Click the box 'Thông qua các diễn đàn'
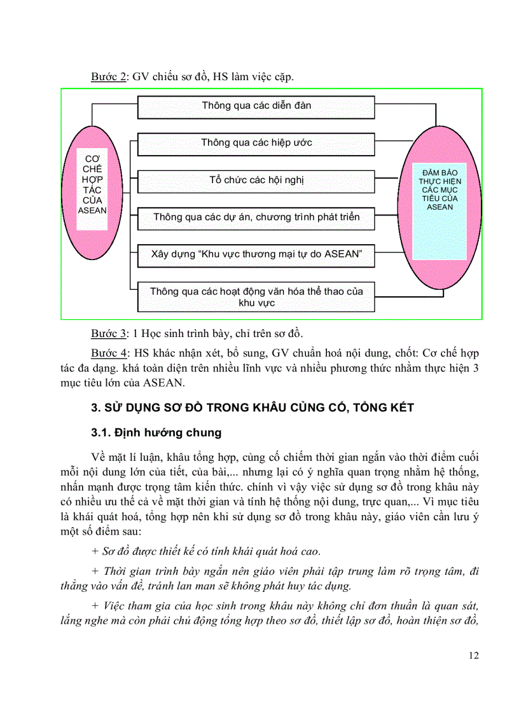256,106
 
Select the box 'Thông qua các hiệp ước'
256,143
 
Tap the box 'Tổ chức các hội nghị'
256,180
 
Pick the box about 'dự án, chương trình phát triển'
256,217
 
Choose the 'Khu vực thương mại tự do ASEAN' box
256,254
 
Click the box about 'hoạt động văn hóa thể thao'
256,297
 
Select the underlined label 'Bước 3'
109,333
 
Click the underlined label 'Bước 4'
109,353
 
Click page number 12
473,656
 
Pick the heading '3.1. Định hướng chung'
156,433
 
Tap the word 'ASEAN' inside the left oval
92,210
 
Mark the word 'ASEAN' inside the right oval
440,207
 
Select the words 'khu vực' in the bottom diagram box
256,303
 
